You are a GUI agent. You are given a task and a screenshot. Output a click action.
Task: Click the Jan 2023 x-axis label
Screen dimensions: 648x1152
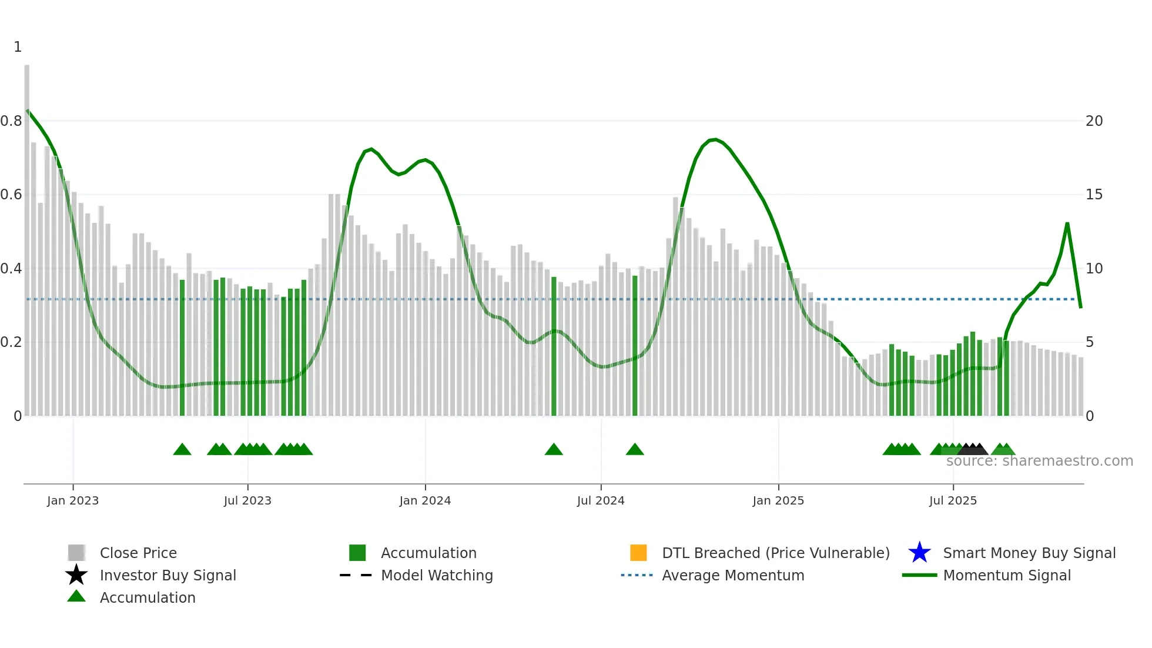(x=73, y=500)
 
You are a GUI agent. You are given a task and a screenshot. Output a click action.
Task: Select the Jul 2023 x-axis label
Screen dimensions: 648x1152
(x=247, y=500)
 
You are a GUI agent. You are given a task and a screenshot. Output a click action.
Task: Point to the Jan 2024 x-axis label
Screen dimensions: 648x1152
(x=425, y=500)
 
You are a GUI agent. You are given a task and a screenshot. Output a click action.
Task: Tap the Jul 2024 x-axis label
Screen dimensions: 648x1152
(x=601, y=500)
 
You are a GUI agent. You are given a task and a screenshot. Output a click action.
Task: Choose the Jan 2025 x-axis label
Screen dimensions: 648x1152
(x=778, y=500)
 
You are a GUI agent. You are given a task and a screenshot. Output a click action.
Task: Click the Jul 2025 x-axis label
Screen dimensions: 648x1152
(x=953, y=500)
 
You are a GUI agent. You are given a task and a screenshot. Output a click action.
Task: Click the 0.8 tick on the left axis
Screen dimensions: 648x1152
(x=11, y=121)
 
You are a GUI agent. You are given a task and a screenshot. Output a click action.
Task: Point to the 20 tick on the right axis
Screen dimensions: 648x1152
(x=1094, y=121)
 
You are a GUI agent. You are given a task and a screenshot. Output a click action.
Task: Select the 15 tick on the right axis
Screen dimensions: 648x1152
(x=1094, y=195)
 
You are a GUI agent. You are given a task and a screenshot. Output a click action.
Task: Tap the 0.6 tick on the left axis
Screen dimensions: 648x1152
(x=11, y=195)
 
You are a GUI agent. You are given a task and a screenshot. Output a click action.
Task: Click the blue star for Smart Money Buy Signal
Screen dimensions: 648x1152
(x=919, y=553)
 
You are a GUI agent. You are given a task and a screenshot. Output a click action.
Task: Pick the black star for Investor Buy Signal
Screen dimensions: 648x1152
(x=76, y=575)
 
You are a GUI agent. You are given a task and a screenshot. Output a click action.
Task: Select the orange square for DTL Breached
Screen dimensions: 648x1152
(x=638, y=553)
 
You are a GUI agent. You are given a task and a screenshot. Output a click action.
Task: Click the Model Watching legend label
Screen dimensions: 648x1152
(x=437, y=575)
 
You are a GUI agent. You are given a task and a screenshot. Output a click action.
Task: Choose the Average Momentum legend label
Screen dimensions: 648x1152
(x=733, y=575)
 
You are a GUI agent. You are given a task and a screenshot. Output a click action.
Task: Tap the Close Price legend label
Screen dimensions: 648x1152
(x=138, y=553)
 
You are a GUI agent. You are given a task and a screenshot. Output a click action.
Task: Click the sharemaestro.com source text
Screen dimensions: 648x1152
(x=1039, y=461)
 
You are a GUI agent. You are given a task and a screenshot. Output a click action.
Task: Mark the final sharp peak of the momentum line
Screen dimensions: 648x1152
(x=1067, y=224)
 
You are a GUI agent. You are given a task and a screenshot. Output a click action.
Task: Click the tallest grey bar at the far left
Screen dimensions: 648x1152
(x=27, y=235)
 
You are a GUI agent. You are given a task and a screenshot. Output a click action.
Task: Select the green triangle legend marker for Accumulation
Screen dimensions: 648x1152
(x=76, y=596)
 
